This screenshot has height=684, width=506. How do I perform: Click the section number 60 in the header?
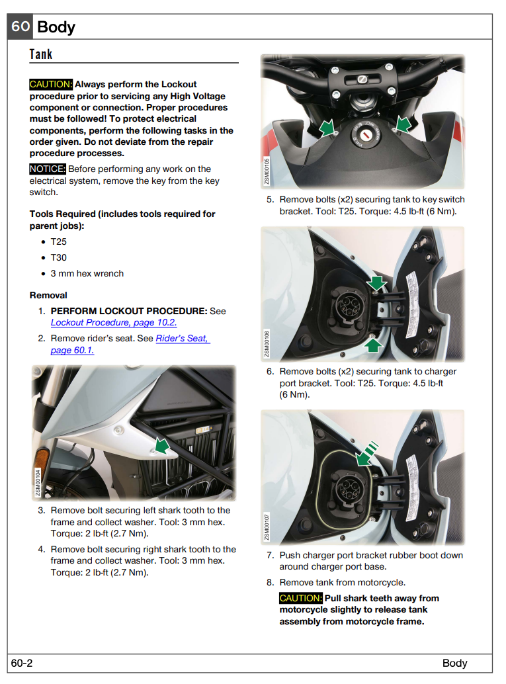[x=21, y=26]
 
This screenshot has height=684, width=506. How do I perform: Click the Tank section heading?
[x=41, y=54]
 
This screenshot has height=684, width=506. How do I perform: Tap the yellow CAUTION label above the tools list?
[x=51, y=84]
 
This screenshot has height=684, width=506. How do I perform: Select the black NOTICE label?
[x=48, y=169]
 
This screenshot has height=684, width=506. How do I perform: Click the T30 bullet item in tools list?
[x=58, y=257]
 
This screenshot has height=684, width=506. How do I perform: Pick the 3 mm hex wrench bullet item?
[x=87, y=273]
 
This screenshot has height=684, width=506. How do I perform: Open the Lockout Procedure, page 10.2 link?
[x=114, y=322]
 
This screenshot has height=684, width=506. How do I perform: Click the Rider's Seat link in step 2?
[x=130, y=344]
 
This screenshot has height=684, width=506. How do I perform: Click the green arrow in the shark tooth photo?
[x=162, y=446]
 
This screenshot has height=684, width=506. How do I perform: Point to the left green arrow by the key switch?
[x=327, y=128]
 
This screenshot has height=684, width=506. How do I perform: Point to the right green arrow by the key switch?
[x=403, y=124]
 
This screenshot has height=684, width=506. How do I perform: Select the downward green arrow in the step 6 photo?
[x=376, y=283]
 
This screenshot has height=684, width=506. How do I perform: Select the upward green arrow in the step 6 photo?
[x=373, y=345]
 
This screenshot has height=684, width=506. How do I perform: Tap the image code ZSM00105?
[x=267, y=171]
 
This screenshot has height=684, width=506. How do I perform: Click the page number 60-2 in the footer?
[x=22, y=663]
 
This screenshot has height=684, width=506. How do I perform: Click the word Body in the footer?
[x=454, y=663]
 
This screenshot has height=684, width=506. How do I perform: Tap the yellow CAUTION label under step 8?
[x=301, y=598]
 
